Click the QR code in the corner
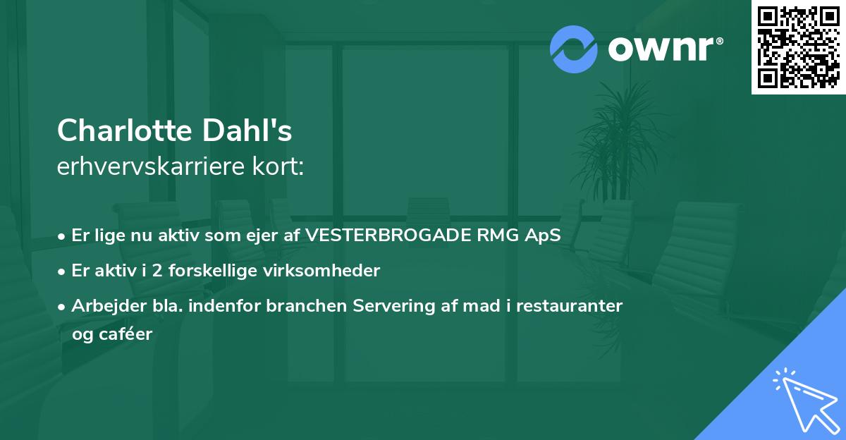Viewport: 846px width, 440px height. (799, 47)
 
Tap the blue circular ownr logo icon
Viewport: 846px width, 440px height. (574, 49)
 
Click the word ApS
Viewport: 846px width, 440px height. (543, 236)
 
